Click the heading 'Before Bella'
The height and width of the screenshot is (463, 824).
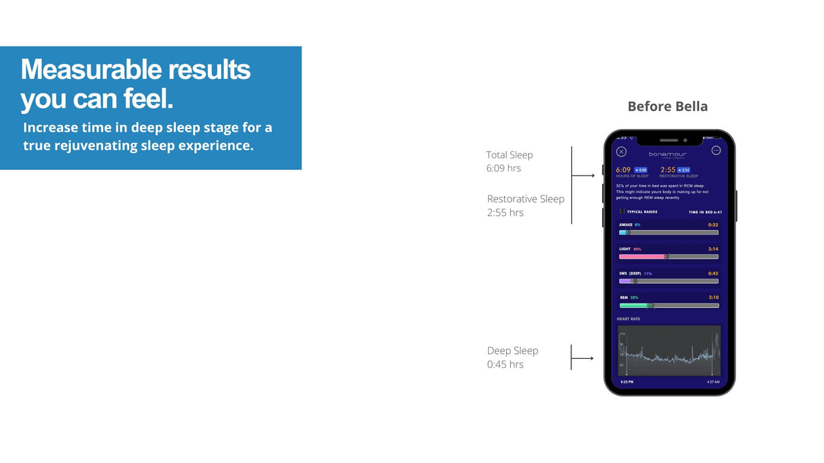click(x=667, y=106)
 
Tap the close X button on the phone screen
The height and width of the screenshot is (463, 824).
click(x=621, y=152)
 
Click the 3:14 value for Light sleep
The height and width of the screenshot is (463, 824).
click(x=713, y=249)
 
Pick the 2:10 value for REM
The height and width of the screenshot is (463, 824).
click(x=713, y=298)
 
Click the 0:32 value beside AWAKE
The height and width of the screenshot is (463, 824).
click(x=713, y=225)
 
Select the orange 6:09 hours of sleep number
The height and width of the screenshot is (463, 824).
click(x=623, y=169)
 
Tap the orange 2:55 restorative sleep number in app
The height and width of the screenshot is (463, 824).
click(x=667, y=169)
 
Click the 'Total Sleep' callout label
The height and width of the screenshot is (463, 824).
click(x=510, y=155)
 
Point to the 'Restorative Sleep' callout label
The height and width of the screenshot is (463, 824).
click(x=525, y=199)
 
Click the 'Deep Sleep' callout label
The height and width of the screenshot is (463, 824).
click(x=512, y=351)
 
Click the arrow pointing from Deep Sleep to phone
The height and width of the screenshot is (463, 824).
click(x=583, y=358)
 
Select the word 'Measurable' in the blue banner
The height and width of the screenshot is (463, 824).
click(x=78, y=70)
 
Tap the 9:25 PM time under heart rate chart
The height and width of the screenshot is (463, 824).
click(x=627, y=382)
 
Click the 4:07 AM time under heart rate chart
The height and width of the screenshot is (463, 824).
click(x=712, y=382)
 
